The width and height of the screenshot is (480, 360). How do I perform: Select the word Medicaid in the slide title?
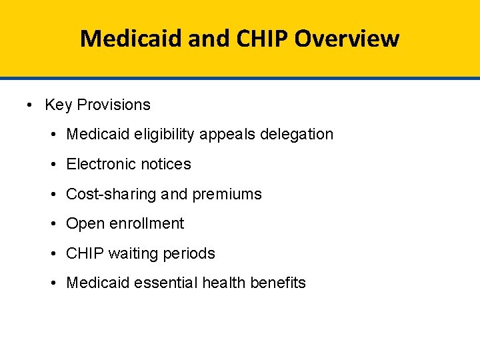coord(129,39)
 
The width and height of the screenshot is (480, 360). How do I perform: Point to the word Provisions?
coord(114,105)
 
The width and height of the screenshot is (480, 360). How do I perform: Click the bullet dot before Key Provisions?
coord(31,105)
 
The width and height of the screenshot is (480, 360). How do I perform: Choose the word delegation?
coord(297,135)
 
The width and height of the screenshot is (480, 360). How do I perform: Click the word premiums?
coord(227,194)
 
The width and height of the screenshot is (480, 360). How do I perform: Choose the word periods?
coord(189,253)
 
